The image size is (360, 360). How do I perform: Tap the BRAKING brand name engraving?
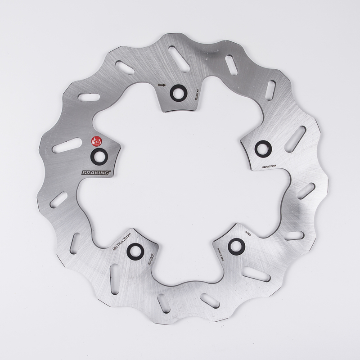click(x=96, y=172)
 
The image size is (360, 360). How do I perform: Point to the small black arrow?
click(x=162, y=85)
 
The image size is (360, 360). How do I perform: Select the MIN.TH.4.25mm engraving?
click(x=121, y=238)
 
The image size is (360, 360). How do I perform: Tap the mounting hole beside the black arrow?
click(x=176, y=92)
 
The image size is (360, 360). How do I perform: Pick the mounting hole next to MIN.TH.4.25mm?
click(x=135, y=251)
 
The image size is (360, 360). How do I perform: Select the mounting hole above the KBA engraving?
click(x=263, y=148)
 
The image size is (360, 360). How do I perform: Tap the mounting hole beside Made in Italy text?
click(x=236, y=245)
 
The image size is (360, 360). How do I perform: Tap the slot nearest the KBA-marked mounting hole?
click(x=295, y=139)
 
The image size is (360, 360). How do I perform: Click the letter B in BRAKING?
click(x=84, y=172)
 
